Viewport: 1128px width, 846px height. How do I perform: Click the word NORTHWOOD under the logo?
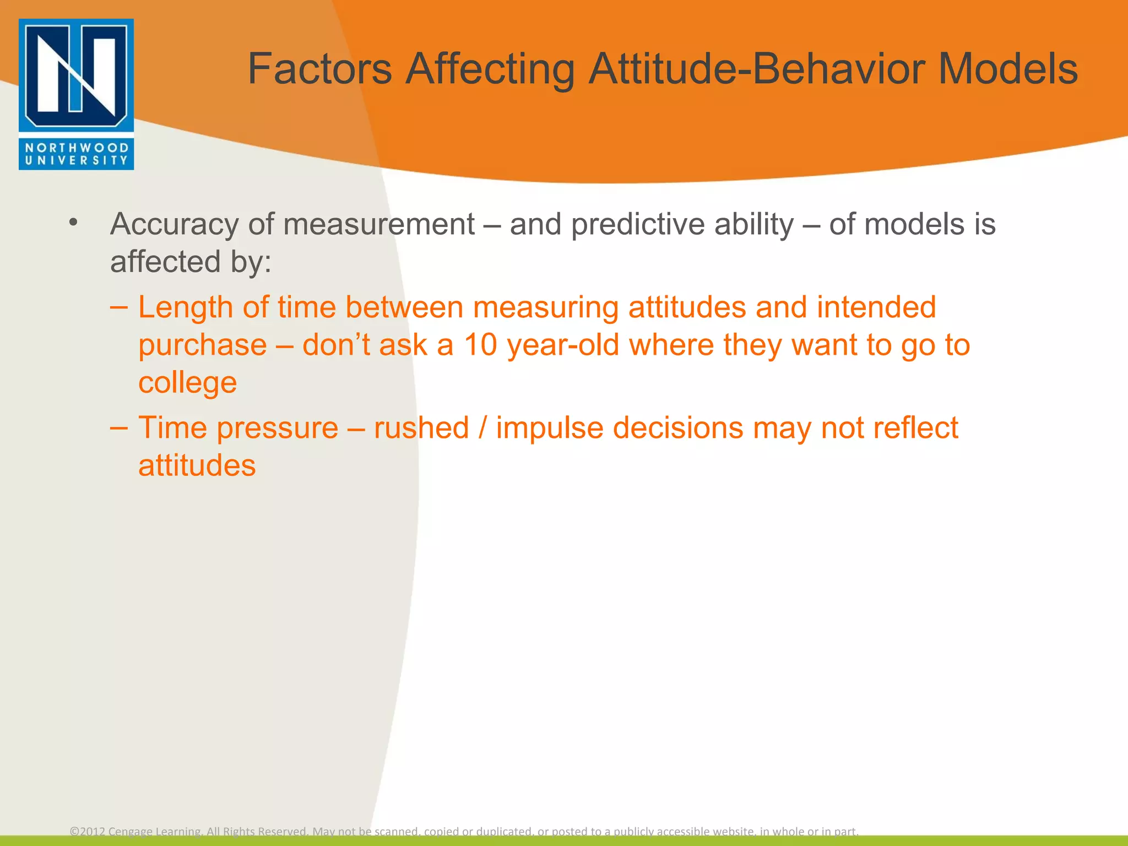pos(76,148)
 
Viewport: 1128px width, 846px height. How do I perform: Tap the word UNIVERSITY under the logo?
pos(76,161)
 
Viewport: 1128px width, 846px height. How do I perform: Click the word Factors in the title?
pos(319,69)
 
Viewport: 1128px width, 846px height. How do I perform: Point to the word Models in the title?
pos(1007,69)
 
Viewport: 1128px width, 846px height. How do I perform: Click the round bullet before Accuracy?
pos(73,223)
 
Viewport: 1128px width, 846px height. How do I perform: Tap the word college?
pos(187,382)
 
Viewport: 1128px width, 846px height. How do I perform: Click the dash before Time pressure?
pos(119,428)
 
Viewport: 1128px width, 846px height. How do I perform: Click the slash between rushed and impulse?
pos(482,428)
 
